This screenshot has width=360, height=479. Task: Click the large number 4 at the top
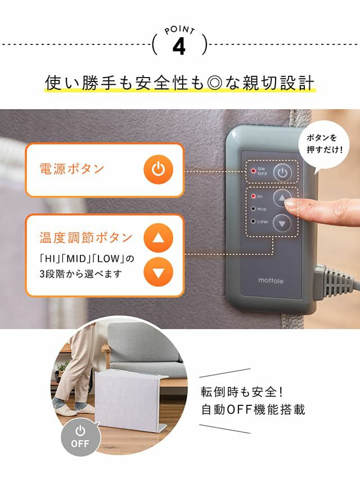pyautogui.click(x=179, y=47)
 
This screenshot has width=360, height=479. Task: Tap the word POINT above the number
pyautogui.click(x=179, y=30)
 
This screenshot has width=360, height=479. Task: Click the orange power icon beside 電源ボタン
pyautogui.click(x=158, y=170)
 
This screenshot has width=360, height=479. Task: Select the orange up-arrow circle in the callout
pyautogui.click(x=158, y=238)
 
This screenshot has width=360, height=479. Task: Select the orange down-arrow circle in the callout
pyautogui.click(x=158, y=272)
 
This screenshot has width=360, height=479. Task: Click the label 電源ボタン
pyautogui.click(x=72, y=169)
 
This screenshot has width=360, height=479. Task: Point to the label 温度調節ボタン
pyautogui.click(x=86, y=237)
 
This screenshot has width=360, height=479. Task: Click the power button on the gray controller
pyautogui.click(x=282, y=173)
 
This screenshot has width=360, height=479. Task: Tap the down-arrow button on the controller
pyautogui.click(x=282, y=223)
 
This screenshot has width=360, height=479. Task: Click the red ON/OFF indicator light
pyautogui.click(x=253, y=171)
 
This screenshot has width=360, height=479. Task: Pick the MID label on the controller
pyautogui.click(x=262, y=209)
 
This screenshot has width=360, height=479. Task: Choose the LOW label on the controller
pyautogui.click(x=263, y=222)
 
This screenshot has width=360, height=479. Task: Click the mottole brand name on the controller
pyautogui.click(x=271, y=281)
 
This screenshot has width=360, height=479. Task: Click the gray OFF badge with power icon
pyautogui.click(x=80, y=437)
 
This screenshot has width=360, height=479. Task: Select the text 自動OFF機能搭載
pyautogui.click(x=253, y=410)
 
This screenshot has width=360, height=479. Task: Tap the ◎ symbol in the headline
pyautogui.click(x=214, y=83)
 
